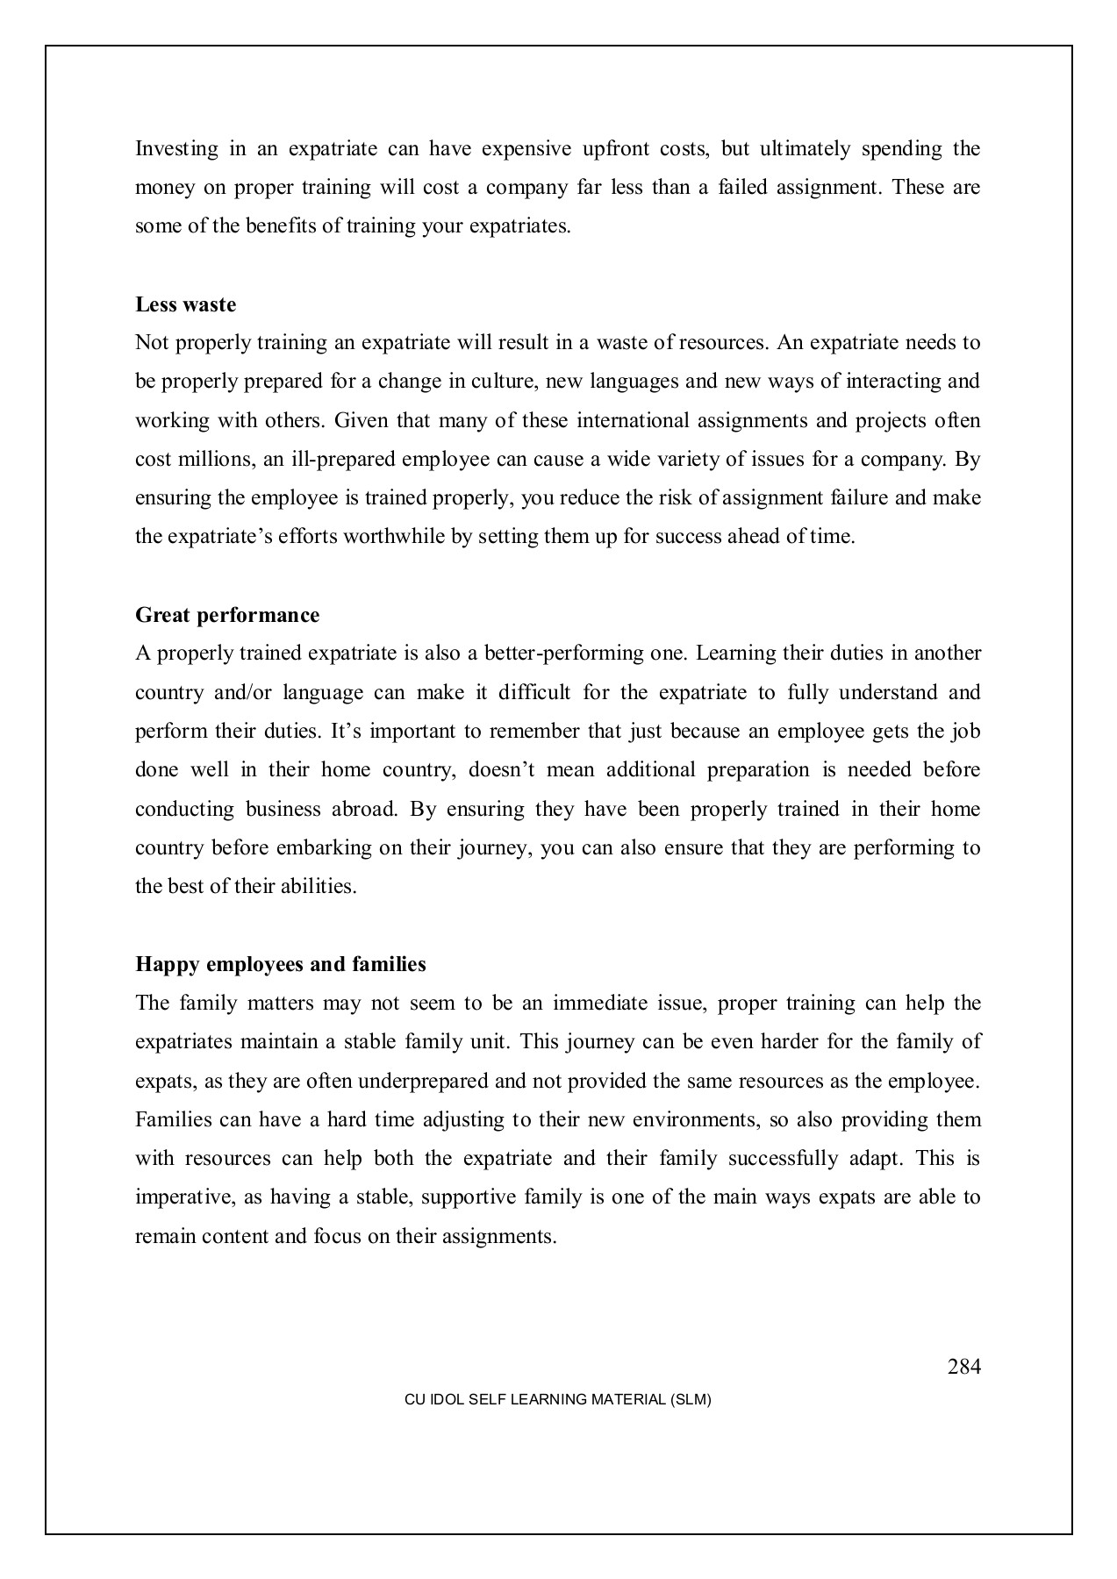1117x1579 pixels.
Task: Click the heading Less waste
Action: pyautogui.click(x=185, y=305)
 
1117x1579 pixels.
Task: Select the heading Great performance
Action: pyautogui.click(x=227, y=616)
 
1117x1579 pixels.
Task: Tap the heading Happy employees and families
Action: pyautogui.click(x=280, y=965)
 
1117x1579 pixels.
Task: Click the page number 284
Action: pyautogui.click(x=963, y=1367)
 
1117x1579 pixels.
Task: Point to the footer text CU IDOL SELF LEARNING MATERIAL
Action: pyautogui.click(x=557, y=1400)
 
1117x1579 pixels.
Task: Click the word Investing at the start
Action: pyautogui.click(x=176, y=149)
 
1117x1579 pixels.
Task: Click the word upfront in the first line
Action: pyautogui.click(x=613, y=149)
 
